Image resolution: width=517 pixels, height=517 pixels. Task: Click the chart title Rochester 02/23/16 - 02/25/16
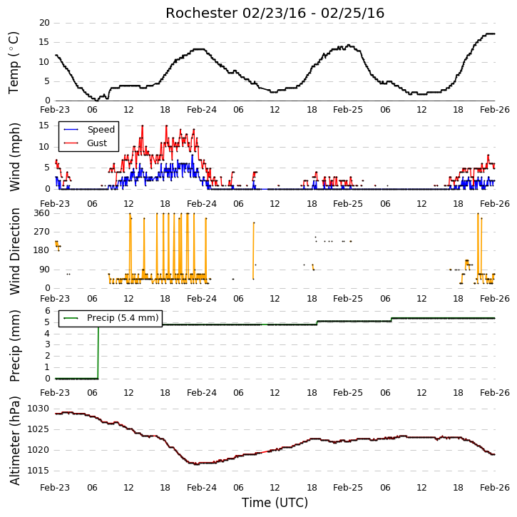pos(275,14)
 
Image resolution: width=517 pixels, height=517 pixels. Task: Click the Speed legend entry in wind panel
pos(89,130)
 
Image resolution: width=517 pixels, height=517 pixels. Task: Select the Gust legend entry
pos(86,143)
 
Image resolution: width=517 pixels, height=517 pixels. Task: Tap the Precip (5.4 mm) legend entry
pos(111,318)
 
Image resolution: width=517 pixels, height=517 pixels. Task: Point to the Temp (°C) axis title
pos(14,63)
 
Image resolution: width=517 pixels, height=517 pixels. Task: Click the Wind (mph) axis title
pos(14,157)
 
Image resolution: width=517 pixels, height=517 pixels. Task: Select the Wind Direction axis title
pos(14,251)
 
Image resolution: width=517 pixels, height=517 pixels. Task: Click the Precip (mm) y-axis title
pos(14,346)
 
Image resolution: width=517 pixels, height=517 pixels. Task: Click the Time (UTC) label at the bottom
pos(275,503)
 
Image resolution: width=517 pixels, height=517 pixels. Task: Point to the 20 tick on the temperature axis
pos(44,23)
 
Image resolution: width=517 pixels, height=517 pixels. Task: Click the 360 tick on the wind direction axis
pos(41,213)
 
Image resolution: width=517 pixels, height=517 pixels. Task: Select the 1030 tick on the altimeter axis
pos(38,409)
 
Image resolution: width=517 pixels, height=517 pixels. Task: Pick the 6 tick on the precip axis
pos(48,311)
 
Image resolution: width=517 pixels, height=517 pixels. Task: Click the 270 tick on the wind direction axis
pos(41,232)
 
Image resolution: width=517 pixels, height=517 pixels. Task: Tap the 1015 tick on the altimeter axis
pos(38,471)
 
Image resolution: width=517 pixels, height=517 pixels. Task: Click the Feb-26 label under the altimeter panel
pos(495,487)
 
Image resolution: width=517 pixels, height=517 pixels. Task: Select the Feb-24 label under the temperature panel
pos(202,110)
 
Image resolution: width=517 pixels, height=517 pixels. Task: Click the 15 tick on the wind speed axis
pos(44,126)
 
